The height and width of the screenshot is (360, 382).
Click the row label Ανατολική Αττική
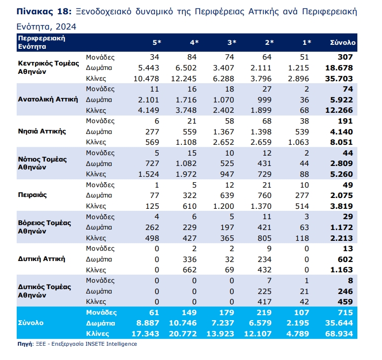point(48,99)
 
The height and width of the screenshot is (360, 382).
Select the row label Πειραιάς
point(32,195)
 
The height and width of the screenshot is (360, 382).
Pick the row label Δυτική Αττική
point(41,259)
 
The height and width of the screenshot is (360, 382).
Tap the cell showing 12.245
point(184,78)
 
